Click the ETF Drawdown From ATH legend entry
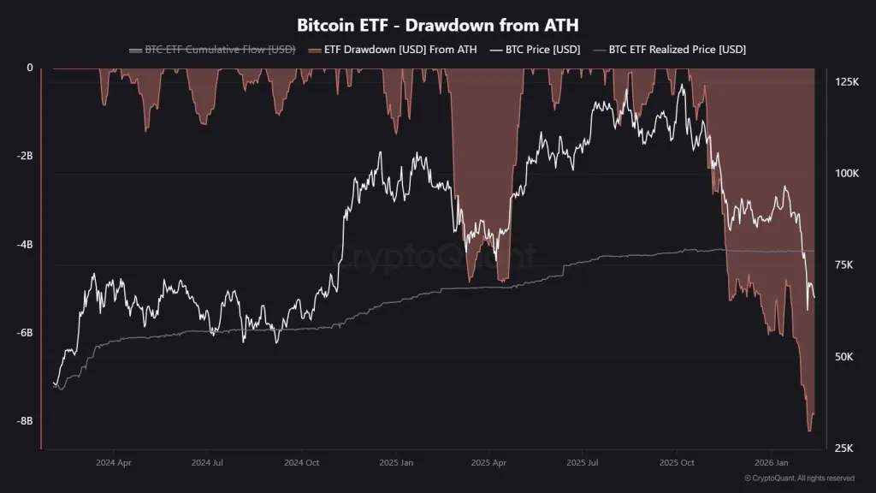click(394, 50)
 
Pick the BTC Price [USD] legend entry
click(537, 50)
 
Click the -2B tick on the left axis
click(24, 157)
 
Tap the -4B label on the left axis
click(24, 245)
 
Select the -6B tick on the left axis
click(24, 333)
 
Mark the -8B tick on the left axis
click(24, 421)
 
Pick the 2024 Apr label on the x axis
click(114, 462)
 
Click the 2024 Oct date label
click(301, 462)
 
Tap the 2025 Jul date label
click(582, 462)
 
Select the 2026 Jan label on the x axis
click(770, 462)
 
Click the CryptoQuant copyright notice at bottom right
click(799, 478)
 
